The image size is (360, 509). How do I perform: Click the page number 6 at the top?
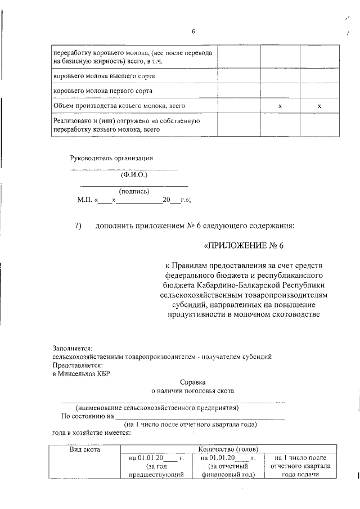tap(193, 31)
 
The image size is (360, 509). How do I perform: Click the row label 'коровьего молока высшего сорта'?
tap(104, 75)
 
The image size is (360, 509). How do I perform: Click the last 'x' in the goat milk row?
tap(319, 106)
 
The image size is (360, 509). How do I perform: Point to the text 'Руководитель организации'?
tap(111, 158)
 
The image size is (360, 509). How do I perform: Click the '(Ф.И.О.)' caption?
tap(134, 175)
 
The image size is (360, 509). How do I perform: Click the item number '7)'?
tap(79, 226)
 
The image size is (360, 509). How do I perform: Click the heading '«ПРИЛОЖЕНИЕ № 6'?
tap(247, 245)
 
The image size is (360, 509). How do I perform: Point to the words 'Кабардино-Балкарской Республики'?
tap(273, 285)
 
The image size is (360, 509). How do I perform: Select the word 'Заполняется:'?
tap(72, 349)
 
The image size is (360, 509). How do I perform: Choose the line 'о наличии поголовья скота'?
tap(193, 390)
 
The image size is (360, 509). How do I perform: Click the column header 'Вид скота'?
tap(84, 449)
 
